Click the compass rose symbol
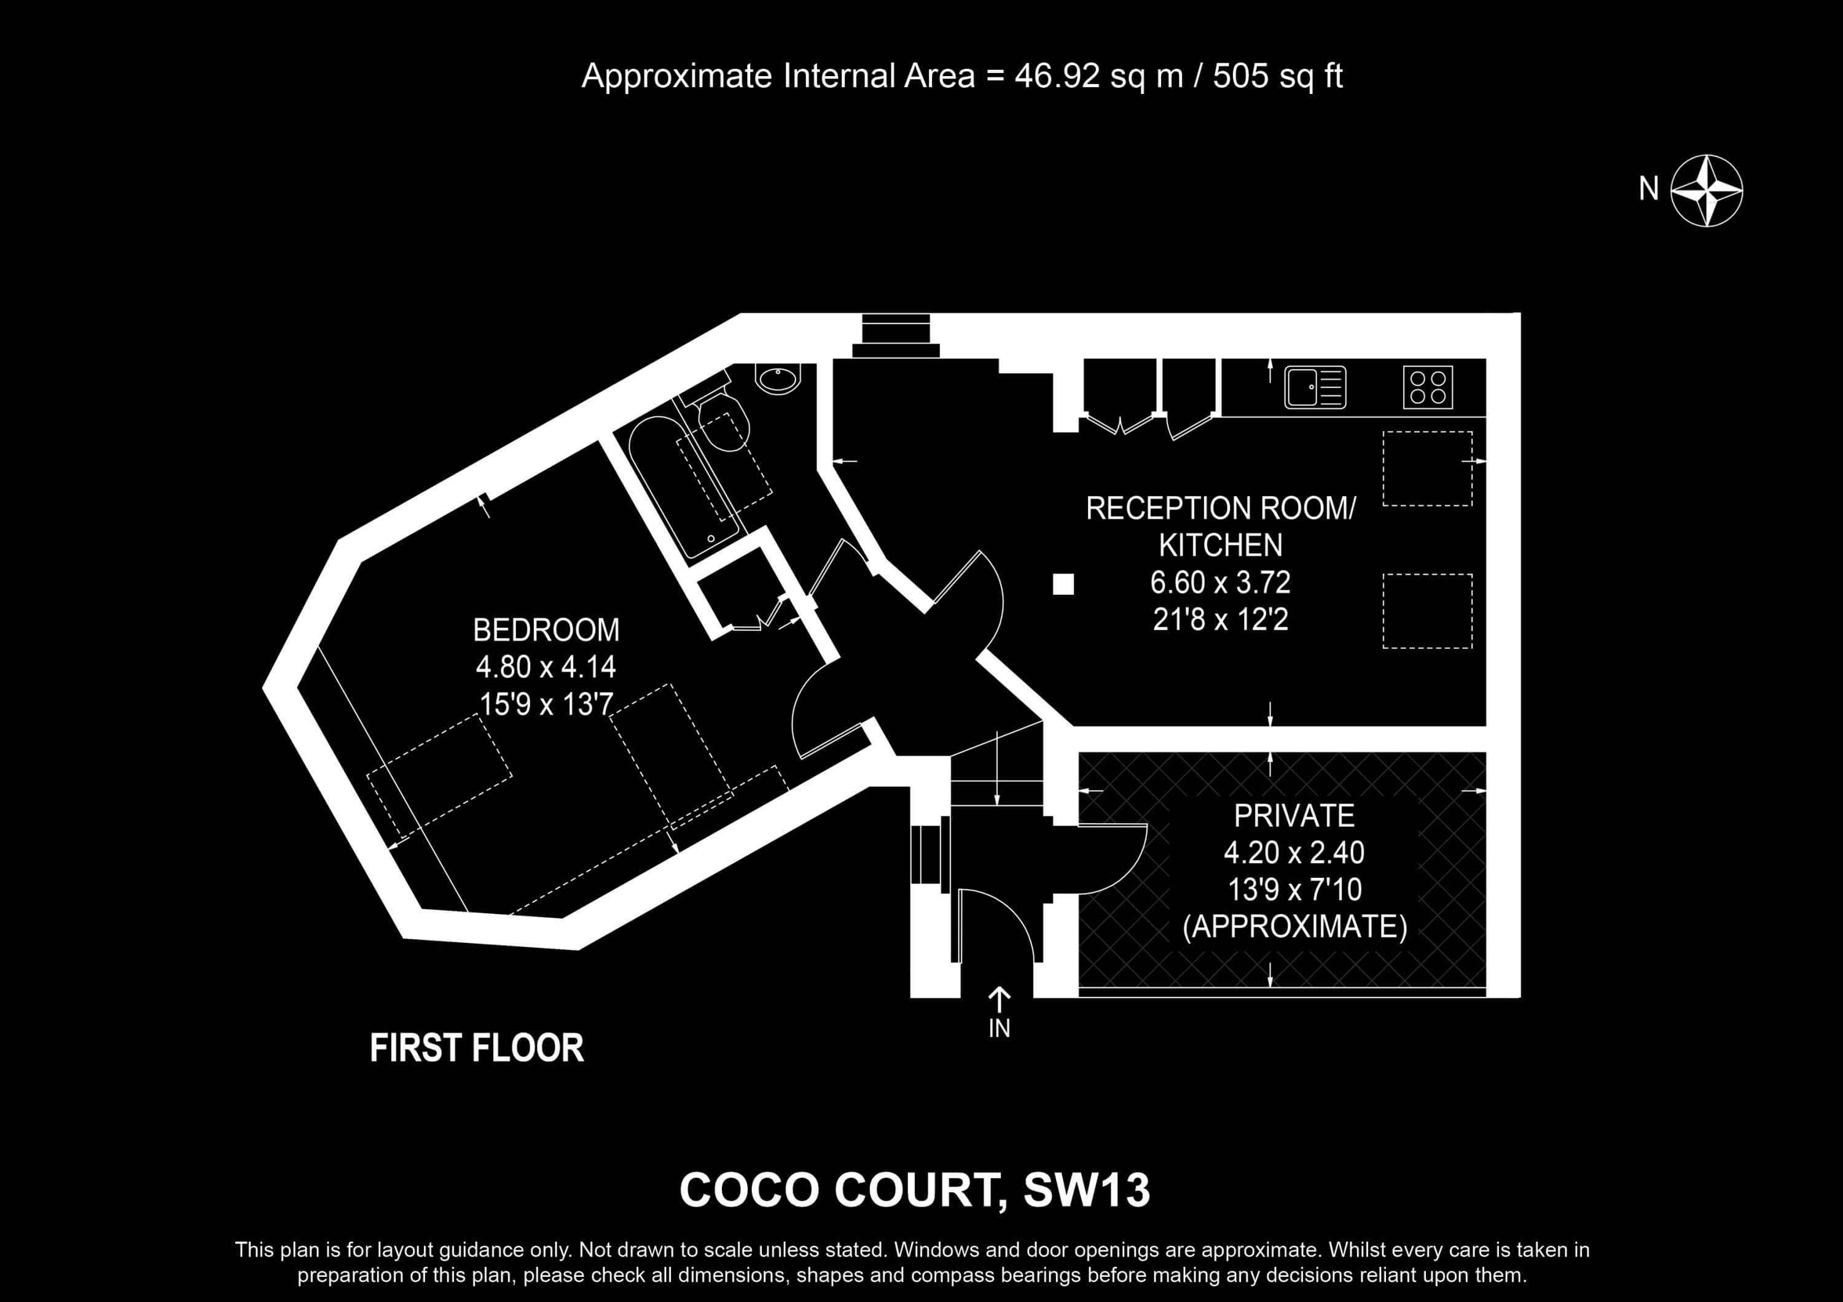click(x=1707, y=190)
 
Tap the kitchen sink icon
click(x=1315, y=387)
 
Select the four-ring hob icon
click(x=1428, y=387)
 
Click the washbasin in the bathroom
click(x=778, y=379)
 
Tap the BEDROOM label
click(x=546, y=630)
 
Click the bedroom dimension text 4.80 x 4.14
click(x=546, y=667)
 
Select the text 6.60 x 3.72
click(x=1220, y=583)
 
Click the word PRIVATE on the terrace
click(x=1294, y=816)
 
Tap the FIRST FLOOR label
click(x=477, y=1048)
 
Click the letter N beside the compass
click(x=1649, y=188)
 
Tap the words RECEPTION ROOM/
click(x=1220, y=509)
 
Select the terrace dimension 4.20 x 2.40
click(x=1294, y=853)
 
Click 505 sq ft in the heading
click(x=1277, y=76)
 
